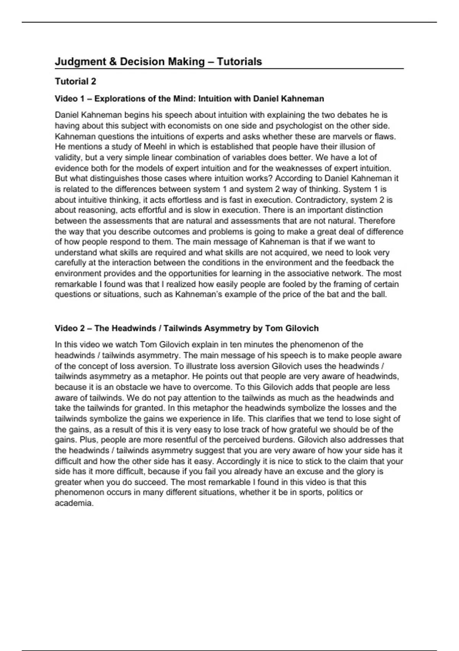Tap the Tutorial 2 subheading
coord(75,82)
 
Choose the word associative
coord(308,273)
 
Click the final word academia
coord(74,503)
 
